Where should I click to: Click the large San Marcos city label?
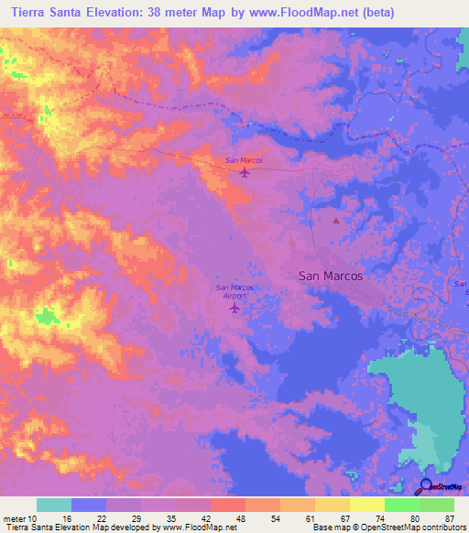[331, 275]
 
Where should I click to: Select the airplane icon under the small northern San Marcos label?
[244, 171]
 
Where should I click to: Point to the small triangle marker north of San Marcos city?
[336, 220]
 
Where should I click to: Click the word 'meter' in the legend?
[14, 517]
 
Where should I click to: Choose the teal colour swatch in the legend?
[54, 505]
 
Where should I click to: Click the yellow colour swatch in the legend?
[366, 505]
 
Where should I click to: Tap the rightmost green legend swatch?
[437, 505]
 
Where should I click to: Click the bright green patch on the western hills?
[46, 317]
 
